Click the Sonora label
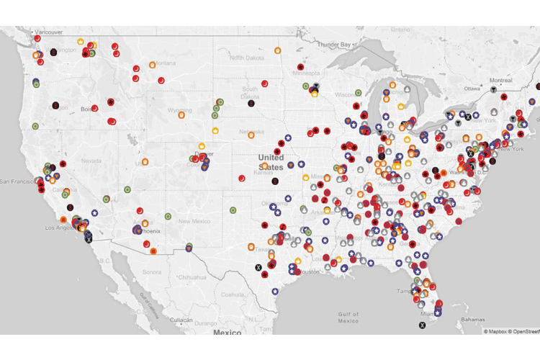click(x=151, y=272)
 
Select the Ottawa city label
click(x=472, y=88)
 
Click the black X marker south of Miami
click(x=422, y=325)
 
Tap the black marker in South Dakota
click(x=251, y=103)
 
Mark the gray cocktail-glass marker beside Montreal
click(x=492, y=89)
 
